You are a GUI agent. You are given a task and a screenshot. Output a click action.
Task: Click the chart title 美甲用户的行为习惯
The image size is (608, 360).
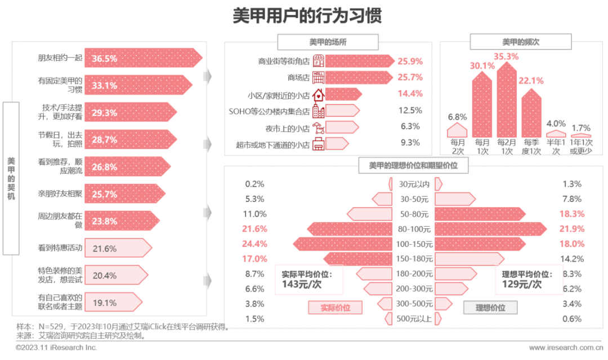tap(307, 15)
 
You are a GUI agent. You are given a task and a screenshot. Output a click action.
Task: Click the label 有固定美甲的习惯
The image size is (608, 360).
tap(60, 85)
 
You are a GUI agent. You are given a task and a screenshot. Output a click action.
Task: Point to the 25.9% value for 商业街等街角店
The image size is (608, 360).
tap(410, 61)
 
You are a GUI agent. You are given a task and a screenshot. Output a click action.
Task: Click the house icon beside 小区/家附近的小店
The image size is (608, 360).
tap(319, 94)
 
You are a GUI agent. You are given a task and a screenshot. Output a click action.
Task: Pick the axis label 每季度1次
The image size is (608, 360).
tap(531, 147)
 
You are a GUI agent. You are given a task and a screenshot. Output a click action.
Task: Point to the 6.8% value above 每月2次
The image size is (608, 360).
tap(457, 117)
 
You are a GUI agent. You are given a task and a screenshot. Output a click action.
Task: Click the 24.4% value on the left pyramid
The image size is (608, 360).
tap(254, 244)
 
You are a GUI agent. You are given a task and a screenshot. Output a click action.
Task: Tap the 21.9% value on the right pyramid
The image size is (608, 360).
tap(572, 229)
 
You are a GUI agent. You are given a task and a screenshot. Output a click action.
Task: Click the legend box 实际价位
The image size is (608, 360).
tap(335, 308)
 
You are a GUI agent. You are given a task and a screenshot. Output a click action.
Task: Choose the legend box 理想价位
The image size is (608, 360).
tap(490, 308)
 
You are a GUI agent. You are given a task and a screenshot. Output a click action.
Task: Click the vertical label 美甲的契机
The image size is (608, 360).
tap(11, 178)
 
